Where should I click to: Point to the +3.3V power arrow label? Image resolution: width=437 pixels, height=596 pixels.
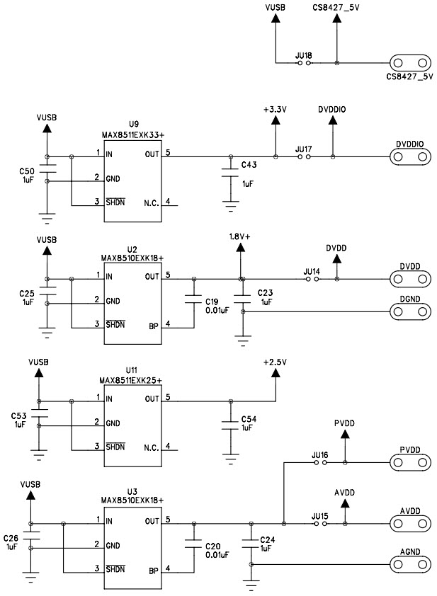coord(274,110)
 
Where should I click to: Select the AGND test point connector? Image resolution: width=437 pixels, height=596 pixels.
coord(410,564)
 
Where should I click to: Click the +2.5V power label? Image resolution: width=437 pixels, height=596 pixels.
coord(274,362)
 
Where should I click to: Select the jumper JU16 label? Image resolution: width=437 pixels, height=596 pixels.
coord(319,454)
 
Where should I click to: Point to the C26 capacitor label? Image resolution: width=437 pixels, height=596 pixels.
coord(11,537)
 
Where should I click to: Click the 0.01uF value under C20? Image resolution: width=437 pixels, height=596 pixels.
coord(217,555)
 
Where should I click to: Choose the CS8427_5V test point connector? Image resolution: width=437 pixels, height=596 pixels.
coord(410,63)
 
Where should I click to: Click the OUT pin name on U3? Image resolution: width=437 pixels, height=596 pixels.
coord(152,521)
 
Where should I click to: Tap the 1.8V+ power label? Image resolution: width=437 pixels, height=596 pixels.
coord(240,236)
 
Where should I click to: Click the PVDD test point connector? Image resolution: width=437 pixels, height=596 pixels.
coord(410,463)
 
